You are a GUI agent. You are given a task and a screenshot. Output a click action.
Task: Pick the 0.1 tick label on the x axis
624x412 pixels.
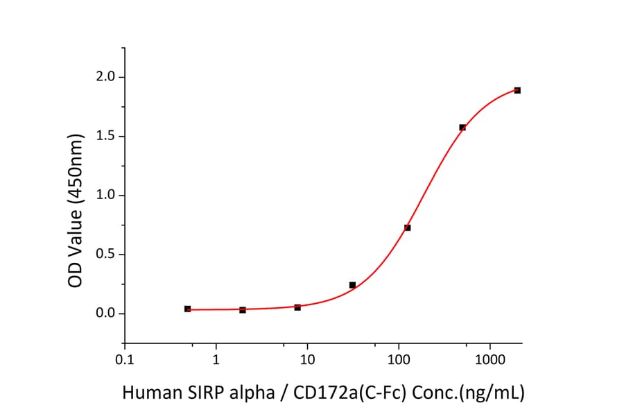coord(124,359)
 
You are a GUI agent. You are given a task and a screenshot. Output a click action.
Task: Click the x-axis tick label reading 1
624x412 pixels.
coord(216,359)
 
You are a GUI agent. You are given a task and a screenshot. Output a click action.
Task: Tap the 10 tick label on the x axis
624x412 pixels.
coord(307,359)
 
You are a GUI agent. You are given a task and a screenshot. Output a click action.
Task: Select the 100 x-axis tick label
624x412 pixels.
coord(399,359)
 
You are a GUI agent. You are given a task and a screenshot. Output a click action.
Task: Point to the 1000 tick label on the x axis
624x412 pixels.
coord(490,359)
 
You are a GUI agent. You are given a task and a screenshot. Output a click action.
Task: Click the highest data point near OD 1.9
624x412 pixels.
coord(517,90)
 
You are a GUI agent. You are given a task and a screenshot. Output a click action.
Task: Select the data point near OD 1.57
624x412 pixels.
coord(462,128)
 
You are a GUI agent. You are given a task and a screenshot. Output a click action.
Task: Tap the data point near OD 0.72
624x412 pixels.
coord(408,228)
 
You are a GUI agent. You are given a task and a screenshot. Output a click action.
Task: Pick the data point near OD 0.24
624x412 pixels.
coord(352,285)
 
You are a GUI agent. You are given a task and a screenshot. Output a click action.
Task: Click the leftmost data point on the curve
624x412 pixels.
coord(187,309)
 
